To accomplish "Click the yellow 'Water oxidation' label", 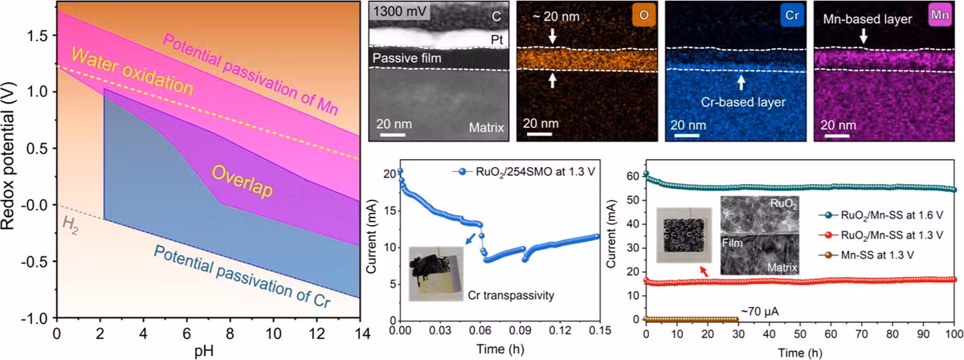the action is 132,71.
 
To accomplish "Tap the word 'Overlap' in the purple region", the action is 243,182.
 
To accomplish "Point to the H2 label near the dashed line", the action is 70,225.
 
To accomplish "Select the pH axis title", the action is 204,351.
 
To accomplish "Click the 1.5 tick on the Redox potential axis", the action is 38,35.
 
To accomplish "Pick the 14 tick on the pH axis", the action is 360,333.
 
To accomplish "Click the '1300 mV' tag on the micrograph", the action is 400,10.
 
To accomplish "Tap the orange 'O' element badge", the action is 643,15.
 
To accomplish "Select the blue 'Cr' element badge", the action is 792,15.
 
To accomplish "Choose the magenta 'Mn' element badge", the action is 940,15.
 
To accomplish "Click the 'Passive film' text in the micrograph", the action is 406,58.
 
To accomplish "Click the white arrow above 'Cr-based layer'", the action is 741,83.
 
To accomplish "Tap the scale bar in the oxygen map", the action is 539,134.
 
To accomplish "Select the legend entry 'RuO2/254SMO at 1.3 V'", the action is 524,172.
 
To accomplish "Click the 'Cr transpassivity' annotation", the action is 511,296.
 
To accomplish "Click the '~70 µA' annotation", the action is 760,311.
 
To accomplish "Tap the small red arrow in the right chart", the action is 704,272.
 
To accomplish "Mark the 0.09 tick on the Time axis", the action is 520,330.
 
